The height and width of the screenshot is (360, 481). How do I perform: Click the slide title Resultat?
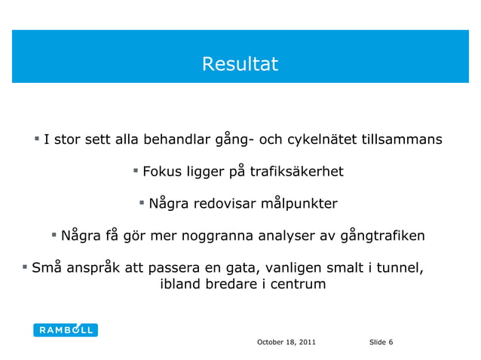(x=240, y=65)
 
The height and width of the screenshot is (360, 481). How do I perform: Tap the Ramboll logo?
(x=66, y=330)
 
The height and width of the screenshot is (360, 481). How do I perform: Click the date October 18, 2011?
(x=286, y=343)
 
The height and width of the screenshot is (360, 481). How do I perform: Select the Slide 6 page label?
(x=381, y=343)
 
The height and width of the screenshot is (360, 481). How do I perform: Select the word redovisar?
(x=222, y=204)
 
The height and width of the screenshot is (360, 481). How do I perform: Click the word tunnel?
(x=403, y=267)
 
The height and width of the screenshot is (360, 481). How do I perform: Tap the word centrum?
(x=298, y=285)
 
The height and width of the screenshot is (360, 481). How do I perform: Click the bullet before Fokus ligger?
(x=136, y=171)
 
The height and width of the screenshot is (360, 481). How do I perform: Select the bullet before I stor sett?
(x=36, y=139)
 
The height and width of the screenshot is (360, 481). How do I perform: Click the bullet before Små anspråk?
(x=24, y=267)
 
